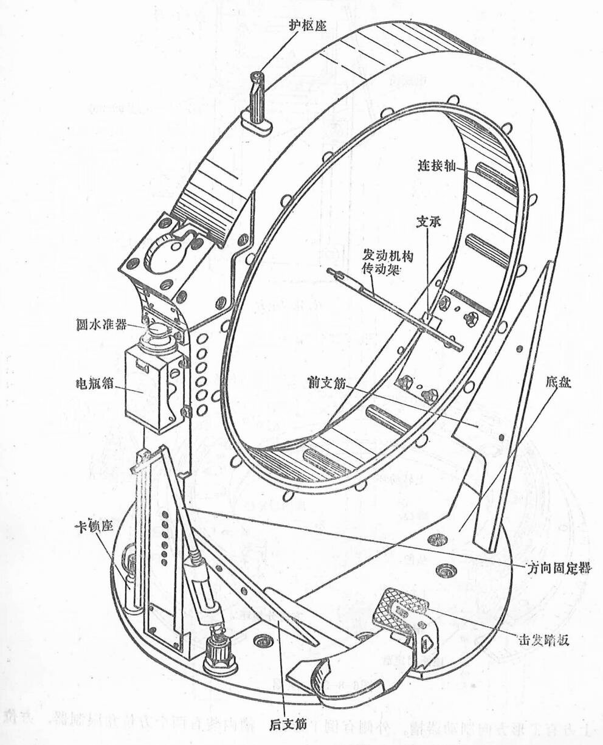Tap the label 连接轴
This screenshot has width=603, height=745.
435,165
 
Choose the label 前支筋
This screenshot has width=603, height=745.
328,382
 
